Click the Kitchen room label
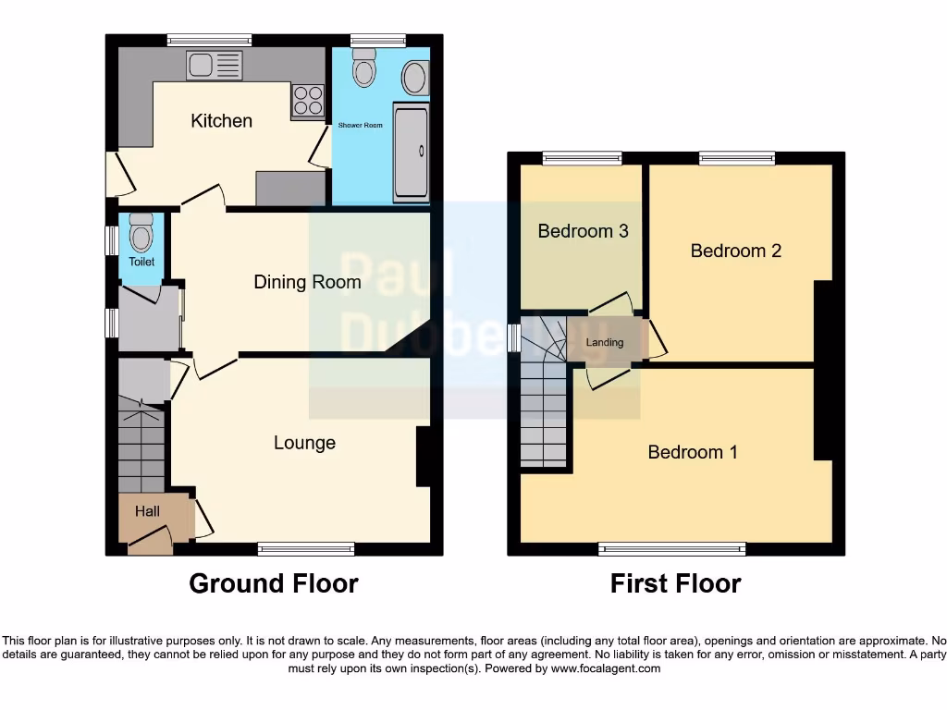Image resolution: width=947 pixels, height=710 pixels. click(221, 120)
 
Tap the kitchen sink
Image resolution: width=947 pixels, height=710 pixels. click(215, 65)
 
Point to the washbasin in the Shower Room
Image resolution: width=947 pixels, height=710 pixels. click(415, 78)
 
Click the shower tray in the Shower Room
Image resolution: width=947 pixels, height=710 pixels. click(412, 153)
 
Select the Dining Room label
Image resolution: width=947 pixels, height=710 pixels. click(307, 282)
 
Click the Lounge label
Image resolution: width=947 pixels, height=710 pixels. click(304, 443)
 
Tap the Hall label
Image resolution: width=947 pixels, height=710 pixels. click(147, 511)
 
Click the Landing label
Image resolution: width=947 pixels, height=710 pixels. click(605, 342)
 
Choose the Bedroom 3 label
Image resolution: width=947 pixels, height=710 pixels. click(583, 231)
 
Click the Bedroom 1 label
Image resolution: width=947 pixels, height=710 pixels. click(692, 452)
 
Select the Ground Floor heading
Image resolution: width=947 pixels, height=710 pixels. click(274, 583)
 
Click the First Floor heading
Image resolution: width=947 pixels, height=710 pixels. click(675, 583)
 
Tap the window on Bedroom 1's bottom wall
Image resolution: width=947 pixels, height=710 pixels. click(672, 549)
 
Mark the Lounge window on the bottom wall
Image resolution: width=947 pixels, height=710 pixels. click(306, 549)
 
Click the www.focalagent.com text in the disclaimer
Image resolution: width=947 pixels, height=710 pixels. click(606, 668)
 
